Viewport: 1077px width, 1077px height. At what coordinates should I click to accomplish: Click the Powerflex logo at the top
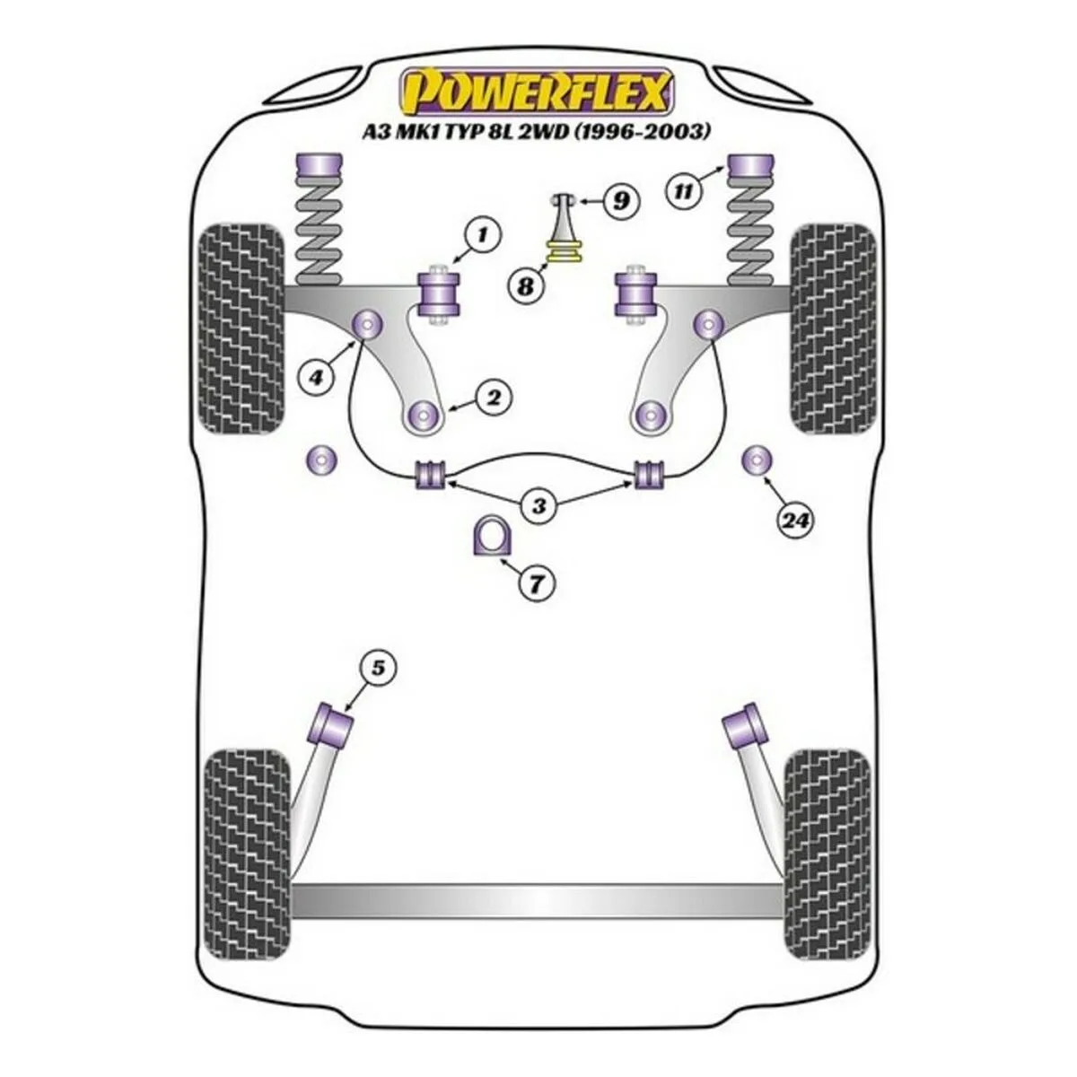point(537,91)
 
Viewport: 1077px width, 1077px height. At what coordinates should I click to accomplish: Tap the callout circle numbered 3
point(538,507)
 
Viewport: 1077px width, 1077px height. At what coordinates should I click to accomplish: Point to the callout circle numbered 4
point(316,379)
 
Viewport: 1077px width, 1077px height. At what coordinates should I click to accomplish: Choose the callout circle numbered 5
point(378,668)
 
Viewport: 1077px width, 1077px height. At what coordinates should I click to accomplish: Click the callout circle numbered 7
point(536,584)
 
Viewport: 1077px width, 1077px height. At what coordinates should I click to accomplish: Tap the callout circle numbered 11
point(685,191)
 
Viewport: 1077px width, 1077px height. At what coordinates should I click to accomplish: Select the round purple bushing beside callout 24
point(757,460)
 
